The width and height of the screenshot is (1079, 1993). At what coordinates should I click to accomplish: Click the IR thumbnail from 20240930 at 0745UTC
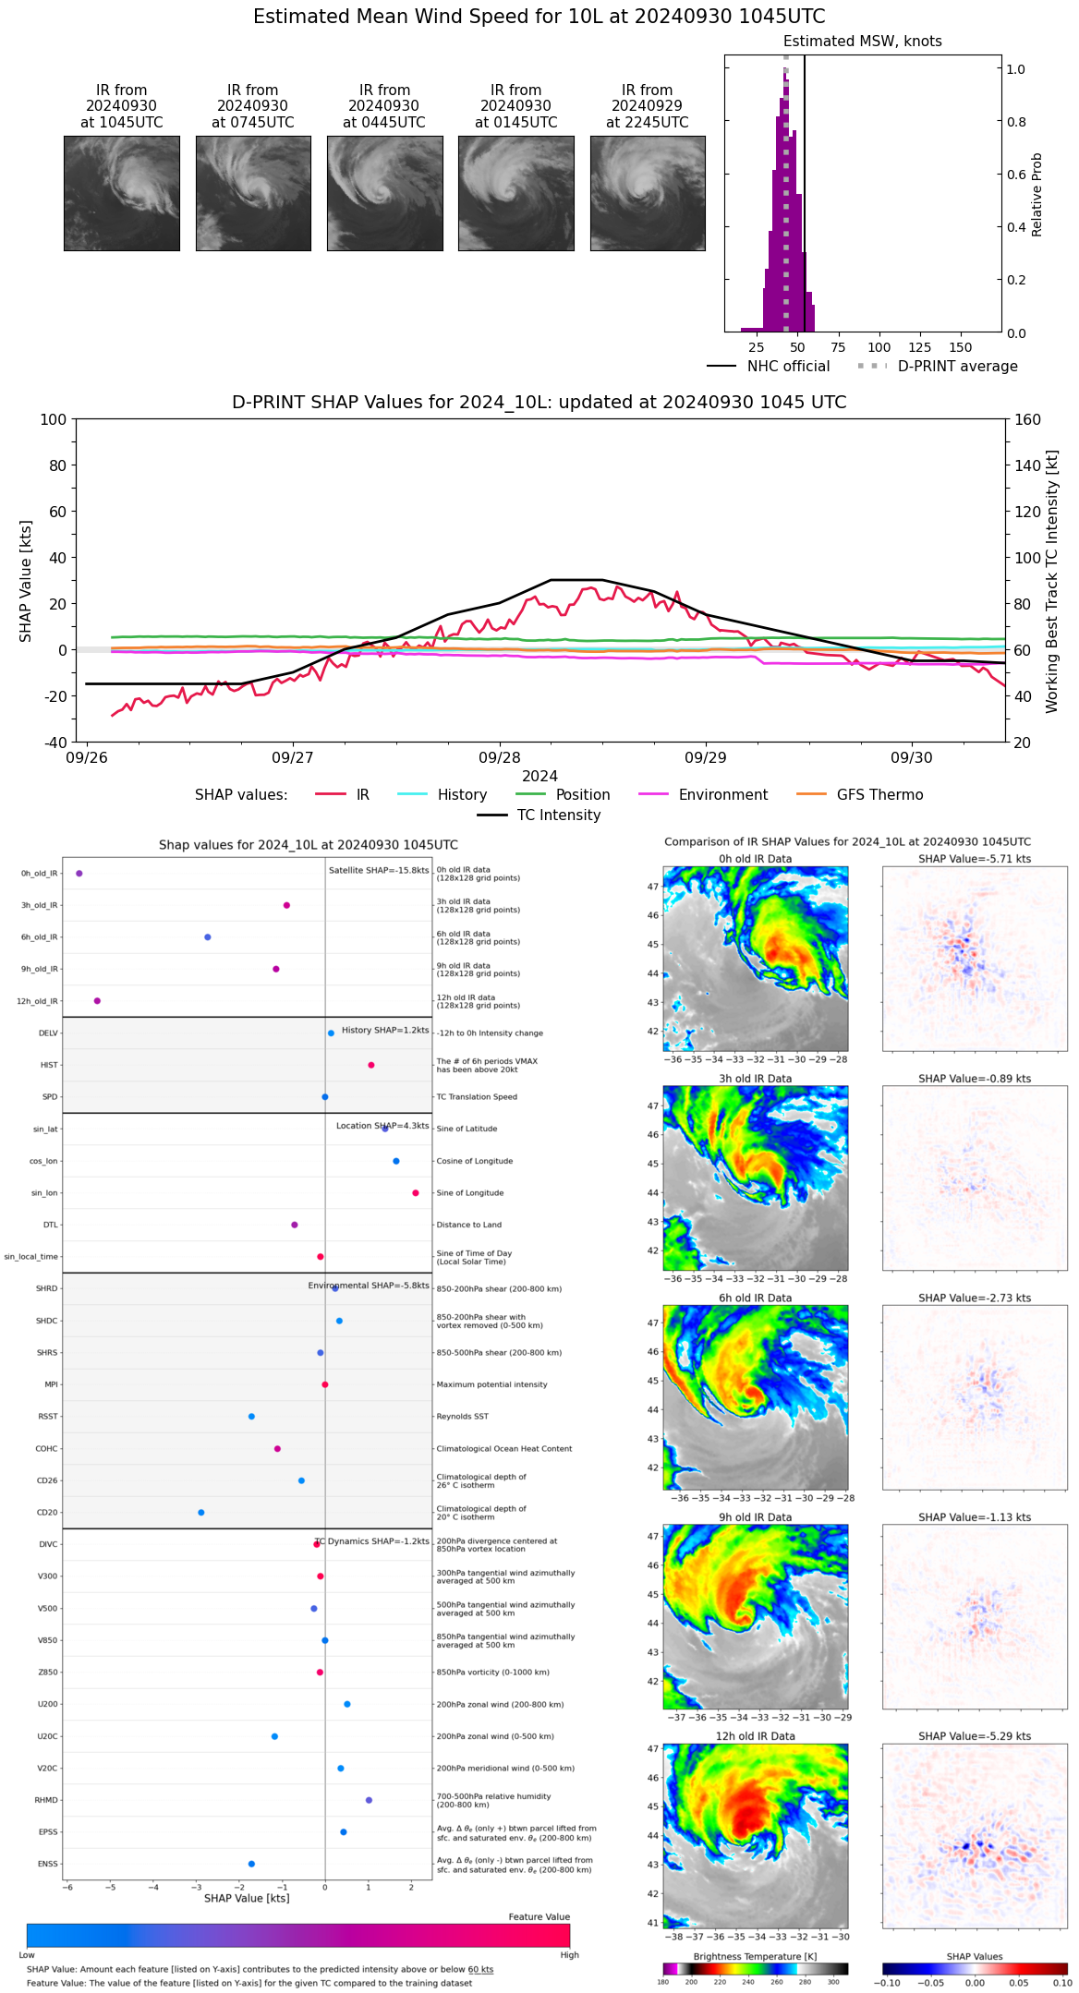(253, 193)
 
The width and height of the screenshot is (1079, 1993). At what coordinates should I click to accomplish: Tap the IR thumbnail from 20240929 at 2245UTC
(648, 193)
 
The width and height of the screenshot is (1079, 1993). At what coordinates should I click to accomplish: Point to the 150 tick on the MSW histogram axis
(961, 347)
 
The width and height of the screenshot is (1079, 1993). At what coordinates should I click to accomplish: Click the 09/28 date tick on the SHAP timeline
(500, 757)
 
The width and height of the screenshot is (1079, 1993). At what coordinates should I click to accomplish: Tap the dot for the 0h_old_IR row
(79, 873)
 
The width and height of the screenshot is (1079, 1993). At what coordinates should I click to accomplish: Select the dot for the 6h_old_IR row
(208, 936)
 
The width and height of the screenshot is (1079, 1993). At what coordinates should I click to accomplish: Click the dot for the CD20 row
(201, 1512)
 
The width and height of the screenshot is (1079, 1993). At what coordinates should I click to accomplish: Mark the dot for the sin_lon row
(416, 1192)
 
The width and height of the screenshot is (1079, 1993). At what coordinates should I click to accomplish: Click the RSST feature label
(48, 1416)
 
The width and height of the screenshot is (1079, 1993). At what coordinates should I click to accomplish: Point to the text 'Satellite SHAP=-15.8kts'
(379, 870)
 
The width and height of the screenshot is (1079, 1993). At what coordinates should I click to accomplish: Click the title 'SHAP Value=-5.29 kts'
(975, 1736)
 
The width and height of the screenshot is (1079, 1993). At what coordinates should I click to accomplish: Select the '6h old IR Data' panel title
(755, 1298)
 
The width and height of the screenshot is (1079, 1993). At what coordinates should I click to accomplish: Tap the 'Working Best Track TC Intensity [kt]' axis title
(1052, 582)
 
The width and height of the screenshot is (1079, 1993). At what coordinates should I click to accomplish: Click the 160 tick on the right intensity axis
(1028, 419)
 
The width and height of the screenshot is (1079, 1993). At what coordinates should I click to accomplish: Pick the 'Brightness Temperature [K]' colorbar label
(755, 1956)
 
